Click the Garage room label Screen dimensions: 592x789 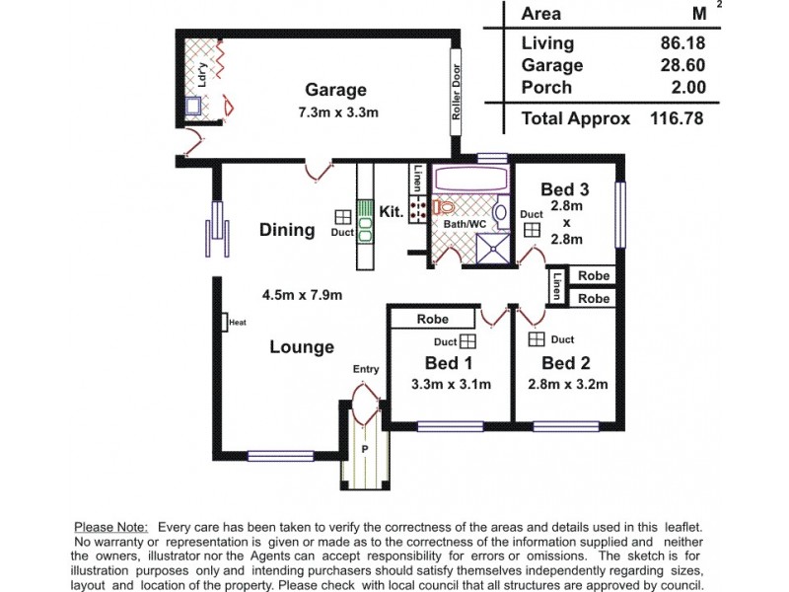click(x=334, y=90)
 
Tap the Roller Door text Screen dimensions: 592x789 click(x=457, y=93)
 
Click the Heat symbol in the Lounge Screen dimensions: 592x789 click(x=226, y=322)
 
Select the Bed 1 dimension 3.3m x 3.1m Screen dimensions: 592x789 click(x=450, y=385)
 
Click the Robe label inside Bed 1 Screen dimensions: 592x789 click(x=432, y=320)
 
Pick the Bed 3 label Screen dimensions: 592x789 click(x=566, y=189)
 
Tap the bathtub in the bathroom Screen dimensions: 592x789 click(x=470, y=181)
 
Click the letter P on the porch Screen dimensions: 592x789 click(x=364, y=449)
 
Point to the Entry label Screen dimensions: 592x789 click(x=366, y=370)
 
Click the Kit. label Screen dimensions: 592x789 click(x=392, y=211)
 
